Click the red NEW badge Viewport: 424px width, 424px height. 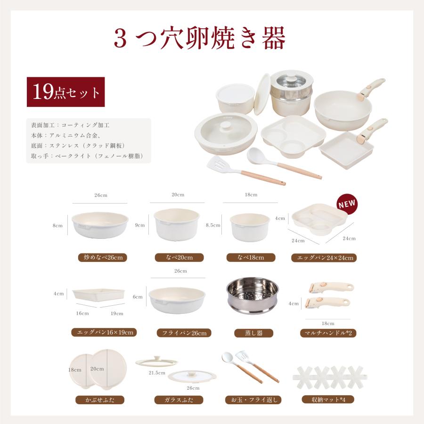[347, 204]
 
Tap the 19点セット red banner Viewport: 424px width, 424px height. [65, 92]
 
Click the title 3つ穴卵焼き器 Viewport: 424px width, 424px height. [200, 39]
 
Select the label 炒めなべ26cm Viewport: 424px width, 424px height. [103, 258]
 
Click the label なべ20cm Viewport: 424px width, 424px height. [179, 258]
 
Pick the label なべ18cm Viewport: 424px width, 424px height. [251, 258]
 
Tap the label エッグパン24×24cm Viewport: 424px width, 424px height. [324, 258]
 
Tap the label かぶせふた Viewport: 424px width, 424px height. [100, 400]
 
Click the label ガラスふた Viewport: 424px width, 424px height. [179, 400]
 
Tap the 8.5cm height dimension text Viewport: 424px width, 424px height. [213, 226]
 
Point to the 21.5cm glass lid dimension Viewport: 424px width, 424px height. [157, 373]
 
